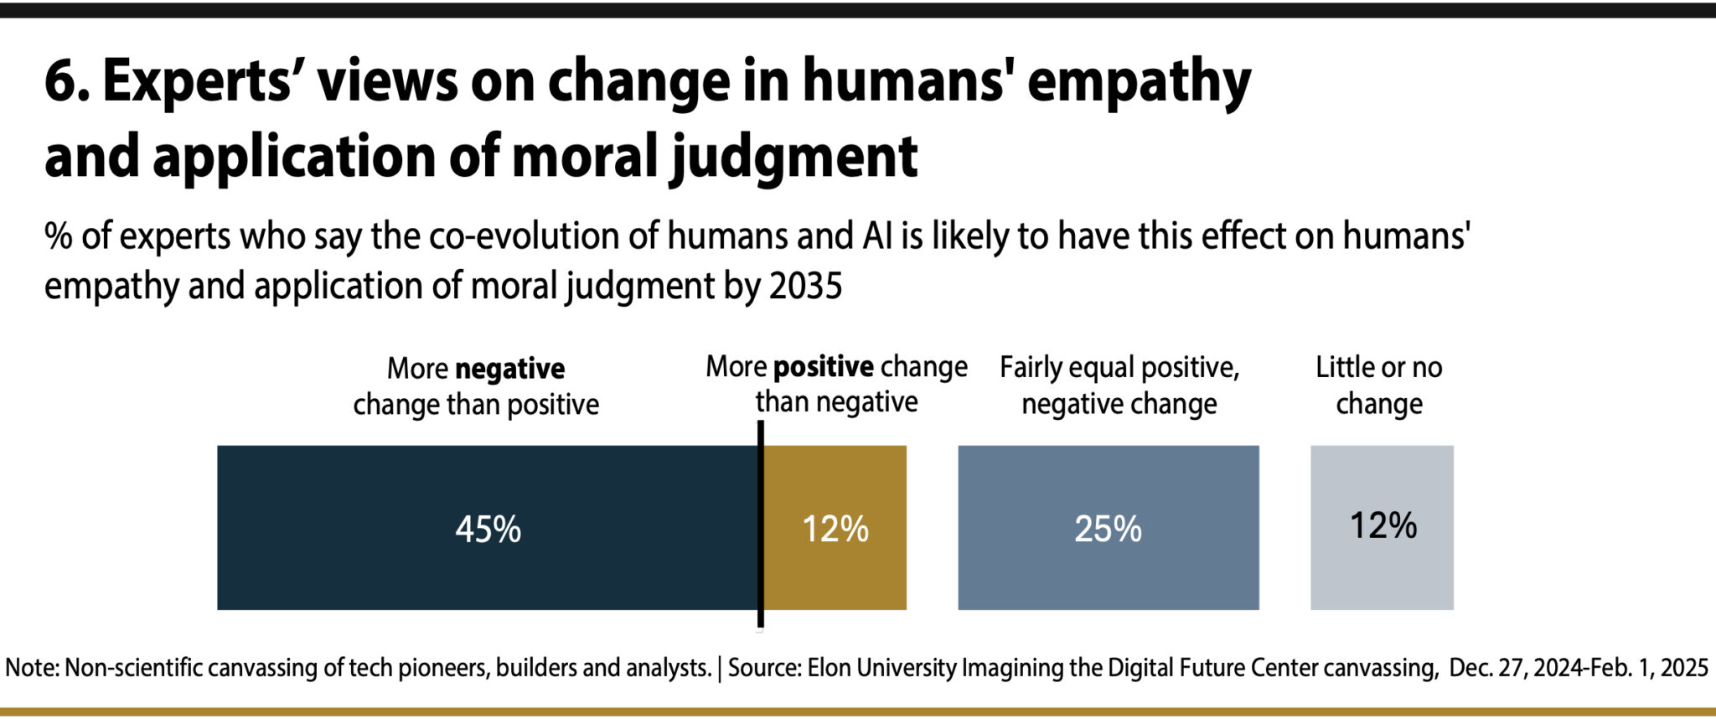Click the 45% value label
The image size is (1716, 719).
(x=488, y=530)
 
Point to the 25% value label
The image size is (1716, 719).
(x=1108, y=530)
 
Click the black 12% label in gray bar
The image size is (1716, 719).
(x=1383, y=526)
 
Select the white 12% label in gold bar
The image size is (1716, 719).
(x=835, y=530)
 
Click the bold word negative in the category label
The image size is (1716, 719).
(x=509, y=369)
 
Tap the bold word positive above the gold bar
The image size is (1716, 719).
(x=823, y=367)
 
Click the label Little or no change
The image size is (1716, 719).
(x=1378, y=385)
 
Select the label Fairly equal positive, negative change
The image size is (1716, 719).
(x=1119, y=385)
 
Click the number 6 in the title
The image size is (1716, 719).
(x=60, y=82)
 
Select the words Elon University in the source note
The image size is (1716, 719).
(x=881, y=668)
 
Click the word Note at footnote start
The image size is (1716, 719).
(x=31, y=668)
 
